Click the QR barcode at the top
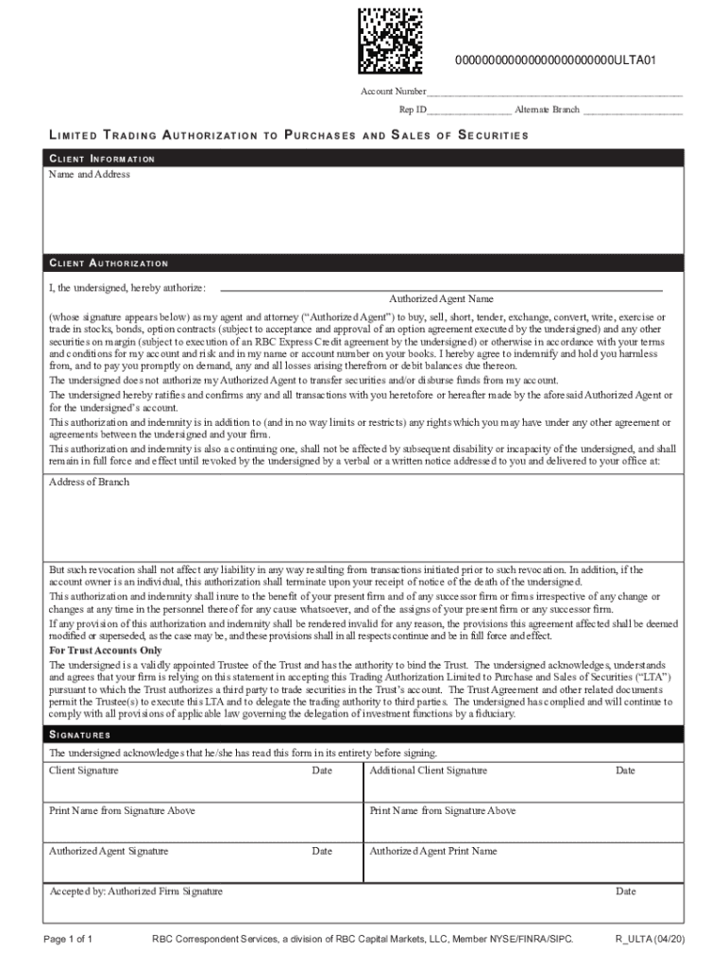[389, 40]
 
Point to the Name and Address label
[90, 175]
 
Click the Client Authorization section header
[109, 263]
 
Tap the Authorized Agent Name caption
[441, 298]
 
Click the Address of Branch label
[90, 483]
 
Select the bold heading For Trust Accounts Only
[106, 651]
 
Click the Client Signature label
[84, 771]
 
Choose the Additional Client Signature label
[429, 771]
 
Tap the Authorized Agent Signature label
[109, 851]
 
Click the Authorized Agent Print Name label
[433, 851]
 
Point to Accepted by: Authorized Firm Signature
[136, 891]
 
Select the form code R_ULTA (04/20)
[651, 940]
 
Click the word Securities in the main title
[493, 135]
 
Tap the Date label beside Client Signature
[322, 771]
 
